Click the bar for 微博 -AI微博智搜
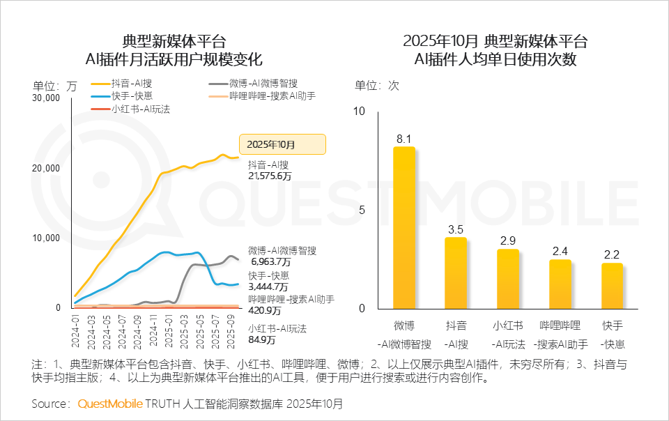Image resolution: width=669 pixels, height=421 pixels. pyautogui.click(x=403, y=228)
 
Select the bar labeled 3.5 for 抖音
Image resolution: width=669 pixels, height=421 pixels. pyautogui.click(x=456, y=273)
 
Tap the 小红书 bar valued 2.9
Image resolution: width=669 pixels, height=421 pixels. pyautogui.click(x=507, y=279)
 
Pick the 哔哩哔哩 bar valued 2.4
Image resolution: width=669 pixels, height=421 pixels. pyautogui.click(x=560, y=284)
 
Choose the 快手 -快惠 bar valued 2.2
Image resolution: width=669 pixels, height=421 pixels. pyautogui.click(x=612, y=286)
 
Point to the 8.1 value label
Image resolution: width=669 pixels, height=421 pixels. pyautogui.click(x=404, y=139)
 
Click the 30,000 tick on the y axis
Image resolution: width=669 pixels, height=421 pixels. pyautogui.click(x=47, y=98)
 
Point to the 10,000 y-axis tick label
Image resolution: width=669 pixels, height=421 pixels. pyautogui.click(x=47, y=238)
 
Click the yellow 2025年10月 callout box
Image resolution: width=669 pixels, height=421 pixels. pyautogui.click(x=282, y=144)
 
